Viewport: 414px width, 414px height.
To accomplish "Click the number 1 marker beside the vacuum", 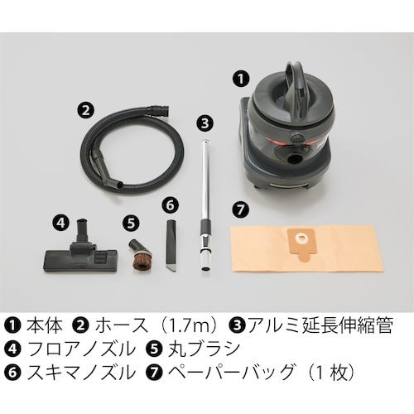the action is [x=241, y=79].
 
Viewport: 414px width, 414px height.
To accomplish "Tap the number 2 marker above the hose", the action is [x=85, y=110].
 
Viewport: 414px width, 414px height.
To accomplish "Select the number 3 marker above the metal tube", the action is [x=205, y=123].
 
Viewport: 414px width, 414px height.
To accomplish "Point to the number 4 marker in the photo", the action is [x=60, y=223].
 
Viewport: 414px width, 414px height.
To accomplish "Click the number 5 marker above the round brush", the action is [x=131, y=223].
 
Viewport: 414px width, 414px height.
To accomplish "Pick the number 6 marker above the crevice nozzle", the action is [x=170, y=205].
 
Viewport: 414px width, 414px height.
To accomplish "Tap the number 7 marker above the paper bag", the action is [x=240, y=209].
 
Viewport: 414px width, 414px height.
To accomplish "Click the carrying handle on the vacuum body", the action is [x=296, y=83].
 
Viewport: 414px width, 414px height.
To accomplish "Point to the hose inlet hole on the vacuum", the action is [x=295, y=159].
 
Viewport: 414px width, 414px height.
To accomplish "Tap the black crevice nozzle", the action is [x=171, y=244].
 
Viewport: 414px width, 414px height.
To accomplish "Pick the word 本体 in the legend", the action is [x=45, y=326].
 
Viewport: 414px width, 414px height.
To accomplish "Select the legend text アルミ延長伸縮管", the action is [x=320, y=326].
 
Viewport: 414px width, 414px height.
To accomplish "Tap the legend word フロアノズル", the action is [x=82, y=349].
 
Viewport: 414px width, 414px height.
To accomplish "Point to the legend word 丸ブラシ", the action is [x=204, y=349].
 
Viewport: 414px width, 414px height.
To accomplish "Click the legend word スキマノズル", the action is [x=82, y=372].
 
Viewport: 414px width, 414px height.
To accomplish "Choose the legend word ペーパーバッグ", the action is [x=231, y=372].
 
